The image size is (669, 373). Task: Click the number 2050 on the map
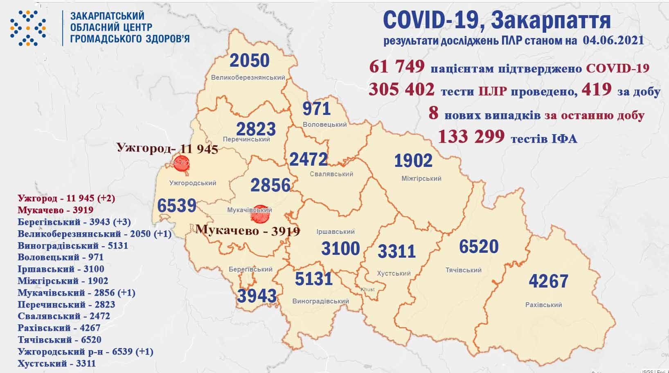[x=250, y=61]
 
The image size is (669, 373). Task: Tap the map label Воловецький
[x=324, y=124]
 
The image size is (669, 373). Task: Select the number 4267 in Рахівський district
[x=548, y=281]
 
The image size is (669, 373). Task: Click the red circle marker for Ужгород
[x=181, y=164]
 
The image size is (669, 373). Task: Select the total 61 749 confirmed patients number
[x=396, y=66]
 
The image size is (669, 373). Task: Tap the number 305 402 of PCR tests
[x=401, y=89]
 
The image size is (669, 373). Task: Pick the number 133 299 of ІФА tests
[x=471, y=137]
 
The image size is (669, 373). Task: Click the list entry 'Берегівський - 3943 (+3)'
[x=74, y=222]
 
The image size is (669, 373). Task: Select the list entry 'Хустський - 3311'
[x=56, y=363]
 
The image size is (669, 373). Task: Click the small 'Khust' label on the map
[x=367, y=290]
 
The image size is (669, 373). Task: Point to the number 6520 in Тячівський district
[x=478, y=247]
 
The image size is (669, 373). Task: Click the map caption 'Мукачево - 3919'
[x=248, y=230]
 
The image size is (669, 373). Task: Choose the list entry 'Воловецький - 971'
[x=61, y=257]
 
